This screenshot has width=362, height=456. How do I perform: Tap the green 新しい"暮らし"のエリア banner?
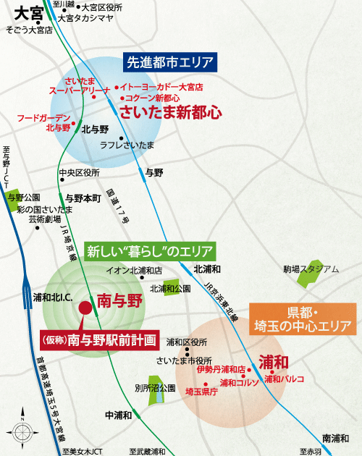tap(151, 252)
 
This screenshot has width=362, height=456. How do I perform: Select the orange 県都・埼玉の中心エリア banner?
tap(303, 319)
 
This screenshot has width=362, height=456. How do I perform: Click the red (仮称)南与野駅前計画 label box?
tap(98, 339)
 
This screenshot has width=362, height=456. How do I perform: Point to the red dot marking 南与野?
tap(85, 307)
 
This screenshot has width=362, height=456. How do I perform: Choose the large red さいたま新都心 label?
tap(171, 112)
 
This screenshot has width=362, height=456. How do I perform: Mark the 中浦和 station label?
tap(118, 415)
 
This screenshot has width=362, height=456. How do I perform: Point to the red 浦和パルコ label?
tap(284, 379)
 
